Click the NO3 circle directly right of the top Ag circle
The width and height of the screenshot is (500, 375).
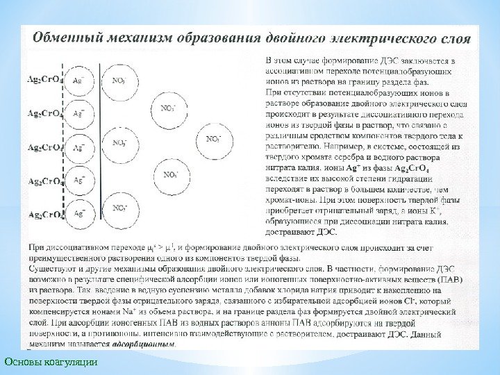(120, 82)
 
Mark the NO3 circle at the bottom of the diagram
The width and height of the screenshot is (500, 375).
(120, 208)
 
